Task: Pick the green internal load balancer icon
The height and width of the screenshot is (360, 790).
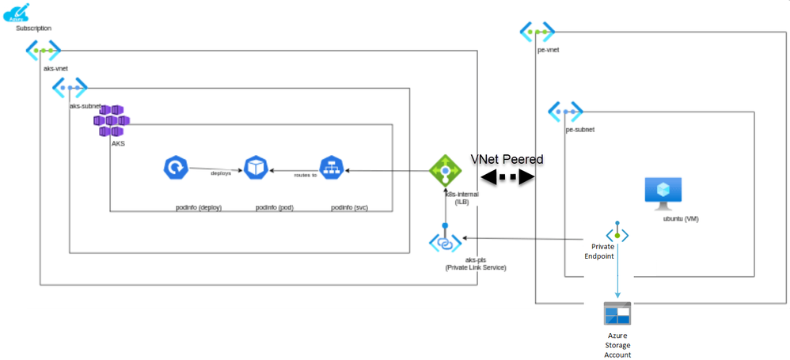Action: pos(444,171)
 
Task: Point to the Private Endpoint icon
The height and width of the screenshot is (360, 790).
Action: pos(617,234)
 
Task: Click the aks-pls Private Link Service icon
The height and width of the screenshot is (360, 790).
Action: pos(444,242)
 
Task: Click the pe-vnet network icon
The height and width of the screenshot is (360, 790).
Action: pos(537,32)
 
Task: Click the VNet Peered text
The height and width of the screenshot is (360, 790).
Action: pos(507,159)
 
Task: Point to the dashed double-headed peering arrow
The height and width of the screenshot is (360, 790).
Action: pos(507,178)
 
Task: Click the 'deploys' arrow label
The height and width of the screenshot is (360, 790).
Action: pos(220,172)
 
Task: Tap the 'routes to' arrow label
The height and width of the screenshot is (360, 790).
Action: pos(304,175)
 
